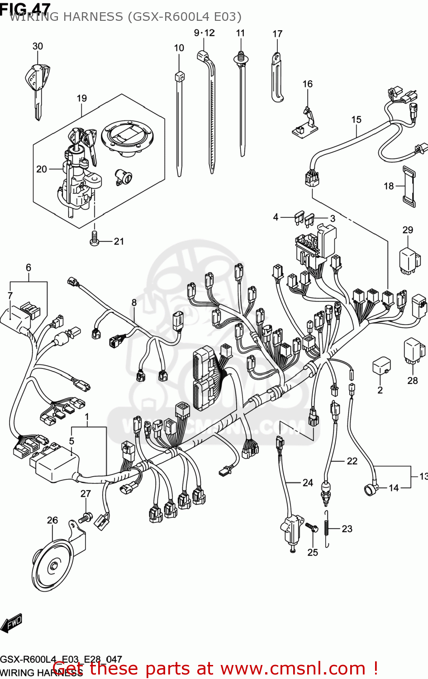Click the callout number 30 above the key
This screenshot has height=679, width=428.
(x=38, y=46)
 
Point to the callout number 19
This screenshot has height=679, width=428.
(x=81, y=98)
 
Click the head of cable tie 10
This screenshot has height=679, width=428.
(x=180, y=77)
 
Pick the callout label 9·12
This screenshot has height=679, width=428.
(x=204, y=33)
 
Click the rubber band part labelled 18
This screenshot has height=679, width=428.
(x=409, y=186)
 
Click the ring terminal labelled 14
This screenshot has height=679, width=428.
(x=370, y=489)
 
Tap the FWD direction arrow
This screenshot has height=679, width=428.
(x=11, y=623)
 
